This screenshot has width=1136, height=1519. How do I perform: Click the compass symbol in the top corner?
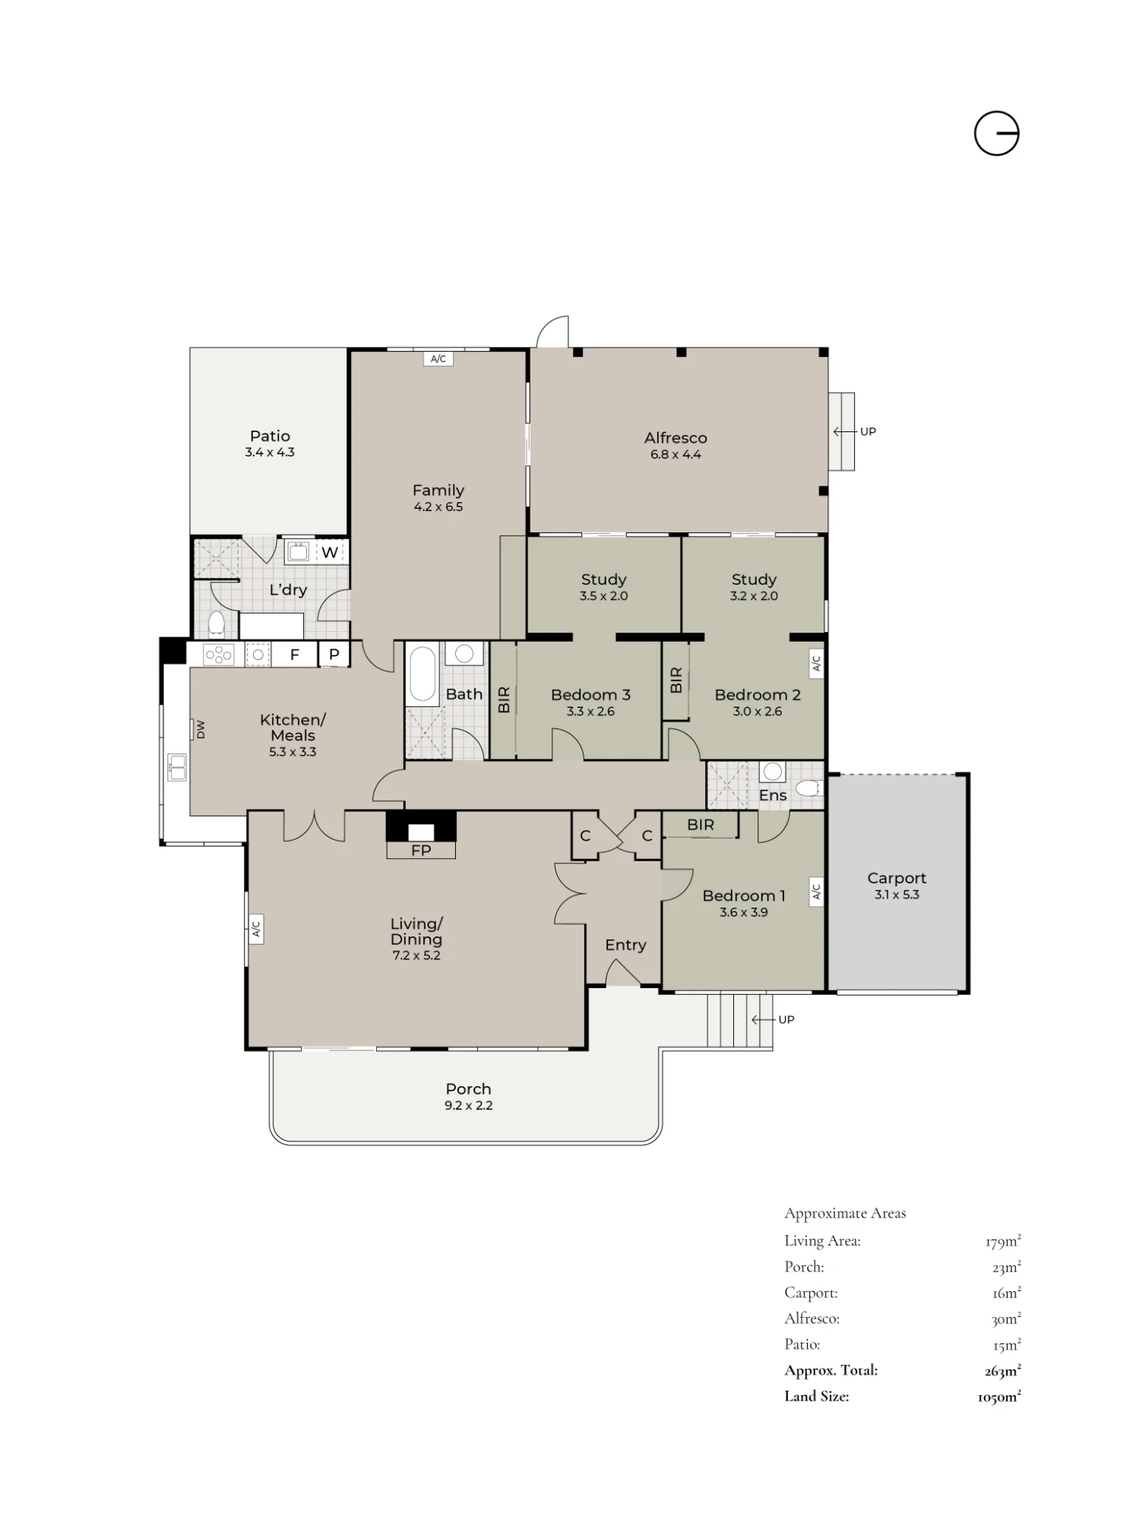996,134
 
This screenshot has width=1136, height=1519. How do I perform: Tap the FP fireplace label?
420,851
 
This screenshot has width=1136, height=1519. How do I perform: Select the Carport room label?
897,878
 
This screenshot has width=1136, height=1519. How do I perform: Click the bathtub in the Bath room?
423,674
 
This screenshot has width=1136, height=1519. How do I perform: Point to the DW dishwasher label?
201,730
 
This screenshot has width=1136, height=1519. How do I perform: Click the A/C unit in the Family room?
438,358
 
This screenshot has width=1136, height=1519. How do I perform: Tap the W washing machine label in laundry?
329,552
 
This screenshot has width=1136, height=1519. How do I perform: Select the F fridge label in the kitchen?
294,655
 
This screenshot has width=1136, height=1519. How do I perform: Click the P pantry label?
334,655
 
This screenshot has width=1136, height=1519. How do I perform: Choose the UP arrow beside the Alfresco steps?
845,431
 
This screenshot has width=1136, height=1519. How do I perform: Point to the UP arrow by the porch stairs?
763,1019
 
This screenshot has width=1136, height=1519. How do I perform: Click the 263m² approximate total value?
1002,1370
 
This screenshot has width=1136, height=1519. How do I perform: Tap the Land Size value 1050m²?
999,1396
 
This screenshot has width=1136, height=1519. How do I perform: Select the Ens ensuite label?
773,795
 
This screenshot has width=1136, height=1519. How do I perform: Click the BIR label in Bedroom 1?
701,824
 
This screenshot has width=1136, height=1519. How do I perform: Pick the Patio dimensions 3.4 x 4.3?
270,452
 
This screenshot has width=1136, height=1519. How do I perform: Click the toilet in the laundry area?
216,624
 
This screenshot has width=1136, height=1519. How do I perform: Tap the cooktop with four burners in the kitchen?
219,655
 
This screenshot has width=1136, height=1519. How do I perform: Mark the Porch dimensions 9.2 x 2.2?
469,1105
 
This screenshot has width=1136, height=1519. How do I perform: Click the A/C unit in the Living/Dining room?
256,928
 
